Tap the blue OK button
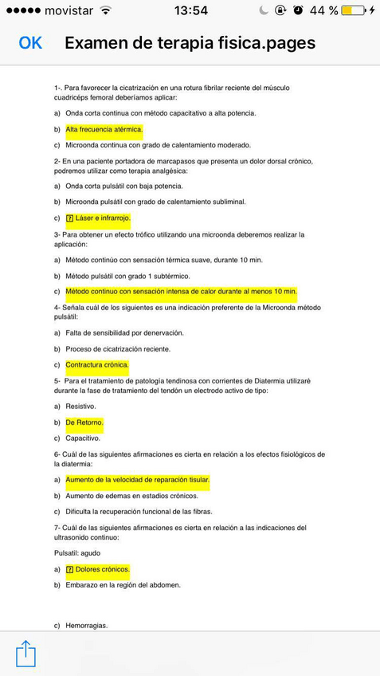[30, 43]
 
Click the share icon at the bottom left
[25, 653]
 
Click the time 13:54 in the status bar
[190, 10]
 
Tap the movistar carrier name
[69, 10]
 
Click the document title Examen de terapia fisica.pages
[190, 43]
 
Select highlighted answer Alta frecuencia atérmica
[104, 129]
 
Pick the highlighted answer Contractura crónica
[96, 365]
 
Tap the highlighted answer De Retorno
[84, 422]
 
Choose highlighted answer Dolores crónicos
[102, 569]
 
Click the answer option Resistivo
[80, 407]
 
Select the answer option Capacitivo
[83, 438]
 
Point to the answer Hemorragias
[86, 626]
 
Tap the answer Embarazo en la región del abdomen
[123, 585]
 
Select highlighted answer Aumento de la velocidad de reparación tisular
[137, 480]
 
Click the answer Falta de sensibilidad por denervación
[124, 332]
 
